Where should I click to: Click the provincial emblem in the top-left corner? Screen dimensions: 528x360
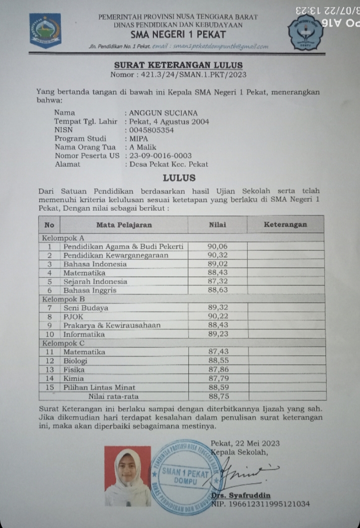tap(45, 29)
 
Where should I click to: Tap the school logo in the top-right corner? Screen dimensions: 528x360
tap(306, 32)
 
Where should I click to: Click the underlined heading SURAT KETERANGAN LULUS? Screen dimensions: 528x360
tap(178, 65)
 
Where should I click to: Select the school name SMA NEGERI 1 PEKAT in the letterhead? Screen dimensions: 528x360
tap(178, 34)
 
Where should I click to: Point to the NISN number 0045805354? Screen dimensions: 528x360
tap(151, 130)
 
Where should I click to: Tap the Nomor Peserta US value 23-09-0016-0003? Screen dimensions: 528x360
tap(160, 155)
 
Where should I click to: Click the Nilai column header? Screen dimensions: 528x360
tap(217, 225)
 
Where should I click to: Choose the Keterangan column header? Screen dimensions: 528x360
tap(285, 225)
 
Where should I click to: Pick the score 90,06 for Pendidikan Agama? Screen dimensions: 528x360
tap(217, 246)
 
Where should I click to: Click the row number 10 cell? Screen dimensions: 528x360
tap(50, 334)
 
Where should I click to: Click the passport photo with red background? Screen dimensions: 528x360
tap(127, 476)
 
